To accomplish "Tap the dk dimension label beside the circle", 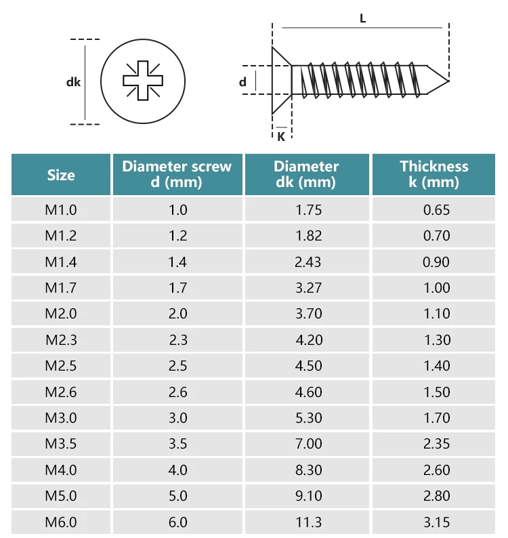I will pyautogui.click(x=73, y=82).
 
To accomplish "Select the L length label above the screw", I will pyautogui.click(x=362, y=19).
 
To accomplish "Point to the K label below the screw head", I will pyautogui.click(x=280, y=136).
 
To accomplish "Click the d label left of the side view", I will pyautogui.click(x=242, y=82).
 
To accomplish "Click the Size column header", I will pyautogui.click(x=61, y=175).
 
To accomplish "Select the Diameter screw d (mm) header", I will pyautogui.click(x=177, y=174).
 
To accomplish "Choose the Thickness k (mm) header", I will pyautogui.click(x=434, y=174).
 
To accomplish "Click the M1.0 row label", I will pyautogui.click(x=61, y=210).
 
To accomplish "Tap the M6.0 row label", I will pyautogui.click(x=61, y=522).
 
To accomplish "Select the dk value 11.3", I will pyautogui.click(x=308, y=522).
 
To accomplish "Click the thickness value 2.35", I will pyautogui.click(x=436, y=444).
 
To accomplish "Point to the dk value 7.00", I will pyautogui.click(x=308, y=444).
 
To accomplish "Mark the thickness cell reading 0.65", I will pyautogui.click(x=436, y=210).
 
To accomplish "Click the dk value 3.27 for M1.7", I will pyautogui.click(x=308, y=288).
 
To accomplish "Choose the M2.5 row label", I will pyautogui.click(x=61, y=366).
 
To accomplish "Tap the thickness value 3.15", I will pyautogui.click(x=436, y=522).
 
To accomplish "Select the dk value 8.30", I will pyautogui.click(x=308, y=470).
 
